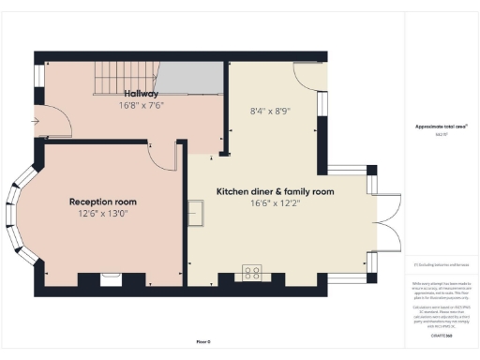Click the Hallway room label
[142, 94]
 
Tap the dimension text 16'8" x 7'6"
[142, 106]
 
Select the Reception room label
[102, 202]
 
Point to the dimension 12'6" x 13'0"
[102, 214]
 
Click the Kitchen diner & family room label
[276, 191]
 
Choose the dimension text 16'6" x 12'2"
[276, 203]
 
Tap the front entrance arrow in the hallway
[37, 121]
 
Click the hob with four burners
[252, 274]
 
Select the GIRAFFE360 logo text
[442, 335]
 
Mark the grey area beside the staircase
[191, 78]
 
